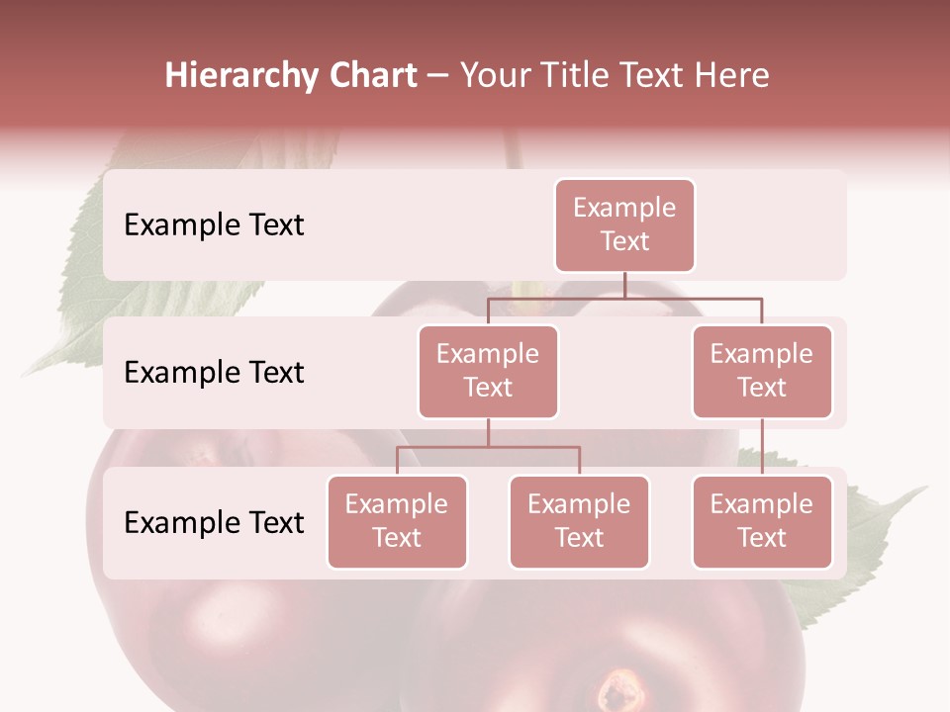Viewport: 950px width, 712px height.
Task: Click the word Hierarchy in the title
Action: click(x=238, y=76)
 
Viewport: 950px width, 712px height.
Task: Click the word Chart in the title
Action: click(x=369, y=76)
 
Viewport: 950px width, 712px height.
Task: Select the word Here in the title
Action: click(x=732, y=76)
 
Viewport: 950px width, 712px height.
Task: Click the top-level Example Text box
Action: click(x=624, y=225)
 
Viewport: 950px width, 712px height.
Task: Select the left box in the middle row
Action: click(x=488, y=372)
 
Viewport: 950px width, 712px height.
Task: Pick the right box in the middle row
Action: click(x=762, y=372)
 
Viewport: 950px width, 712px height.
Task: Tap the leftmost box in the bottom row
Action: click(x=397, y=522)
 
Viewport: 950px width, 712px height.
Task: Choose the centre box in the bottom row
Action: click(x=579, y=522)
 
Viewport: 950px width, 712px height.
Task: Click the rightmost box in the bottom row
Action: click(x=762, y=522)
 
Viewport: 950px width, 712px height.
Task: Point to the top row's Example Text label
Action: click(x=214, y=225)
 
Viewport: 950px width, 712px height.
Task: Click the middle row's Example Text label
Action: click(x=214, y=373)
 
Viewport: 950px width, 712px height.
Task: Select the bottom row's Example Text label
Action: click(x=214, y=522)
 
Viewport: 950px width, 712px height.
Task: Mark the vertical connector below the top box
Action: click(x=624, y=285)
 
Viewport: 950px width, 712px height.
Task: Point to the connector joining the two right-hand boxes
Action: click(x=762, y=447)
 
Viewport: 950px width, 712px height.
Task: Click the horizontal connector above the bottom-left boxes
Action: click(x=488, y=447)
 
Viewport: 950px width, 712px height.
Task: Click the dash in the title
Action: click(x=438, y=76)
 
